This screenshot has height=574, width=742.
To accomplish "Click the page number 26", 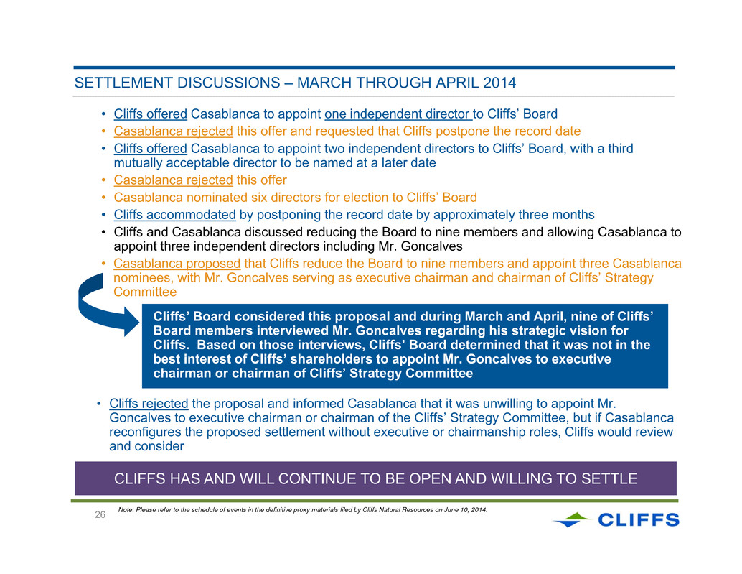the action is pos(100,515).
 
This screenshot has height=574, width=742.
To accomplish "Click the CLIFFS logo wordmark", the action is pos(639,520).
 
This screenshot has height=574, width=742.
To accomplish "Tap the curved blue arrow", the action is pos(106,305).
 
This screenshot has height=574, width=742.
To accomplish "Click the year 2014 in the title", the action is pos(499,83).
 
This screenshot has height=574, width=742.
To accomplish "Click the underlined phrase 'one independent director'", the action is pos(398,114).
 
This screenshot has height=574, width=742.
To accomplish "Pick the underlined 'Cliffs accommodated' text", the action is pos(174,215).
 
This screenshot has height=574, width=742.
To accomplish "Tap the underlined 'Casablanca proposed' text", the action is pos(177,264).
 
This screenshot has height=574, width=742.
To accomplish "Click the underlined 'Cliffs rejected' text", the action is pos(149,404).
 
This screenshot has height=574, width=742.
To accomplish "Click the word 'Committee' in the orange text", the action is pos(145,292).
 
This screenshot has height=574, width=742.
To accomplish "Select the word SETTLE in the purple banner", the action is pos(609,478).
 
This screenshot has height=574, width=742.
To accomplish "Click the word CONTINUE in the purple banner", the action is pos(316,478).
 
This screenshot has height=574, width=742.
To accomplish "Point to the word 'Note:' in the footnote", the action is pos(126,510).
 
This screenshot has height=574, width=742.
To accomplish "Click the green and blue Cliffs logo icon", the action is pos(572,519).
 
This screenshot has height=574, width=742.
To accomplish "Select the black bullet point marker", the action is pos(103,233).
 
